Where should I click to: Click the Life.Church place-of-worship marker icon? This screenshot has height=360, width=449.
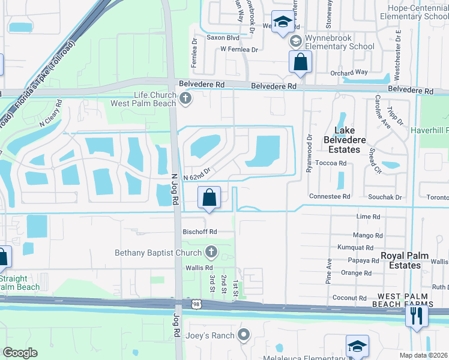point(185,99)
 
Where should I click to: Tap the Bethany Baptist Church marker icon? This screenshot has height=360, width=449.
point(211,252)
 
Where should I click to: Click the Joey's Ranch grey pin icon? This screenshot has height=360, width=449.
point(243,334)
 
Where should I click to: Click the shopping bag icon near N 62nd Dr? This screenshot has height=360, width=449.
point(209,197)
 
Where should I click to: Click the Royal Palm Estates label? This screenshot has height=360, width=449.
point(405,260)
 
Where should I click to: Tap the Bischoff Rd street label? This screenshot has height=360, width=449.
point(200,232)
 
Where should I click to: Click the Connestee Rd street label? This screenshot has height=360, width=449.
point(329,196)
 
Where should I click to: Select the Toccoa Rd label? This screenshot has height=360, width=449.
point(334,163)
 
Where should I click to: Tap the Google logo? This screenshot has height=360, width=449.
point(20,352)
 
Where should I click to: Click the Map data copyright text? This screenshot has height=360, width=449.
point(424,355)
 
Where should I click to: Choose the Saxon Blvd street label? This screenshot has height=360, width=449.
point(223,37)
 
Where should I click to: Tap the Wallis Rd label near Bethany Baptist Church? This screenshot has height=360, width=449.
point(199,268)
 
